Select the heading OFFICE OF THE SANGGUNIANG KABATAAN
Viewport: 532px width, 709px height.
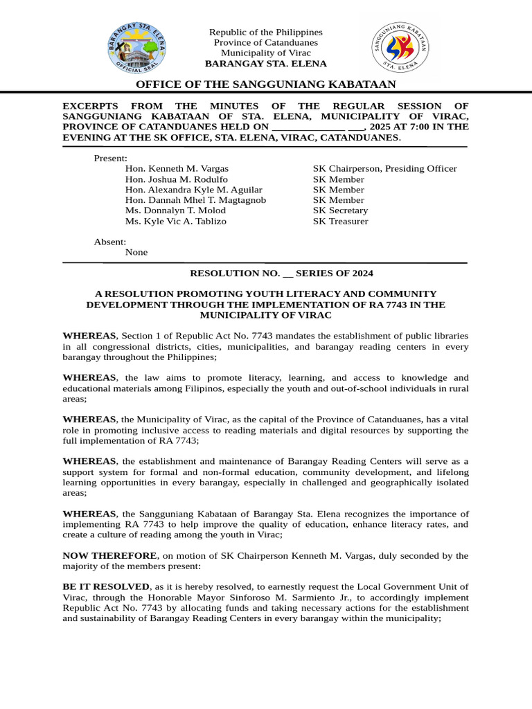point(266,84)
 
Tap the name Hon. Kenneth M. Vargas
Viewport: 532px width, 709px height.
point(177,168)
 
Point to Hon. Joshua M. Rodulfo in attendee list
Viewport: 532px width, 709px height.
point(177,179)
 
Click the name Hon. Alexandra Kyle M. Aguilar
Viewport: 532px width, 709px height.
point(194,190)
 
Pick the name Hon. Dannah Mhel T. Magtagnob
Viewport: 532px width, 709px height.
point(195,200)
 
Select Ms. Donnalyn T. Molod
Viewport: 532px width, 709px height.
point(177,210)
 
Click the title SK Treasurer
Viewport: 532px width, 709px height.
point(340,222)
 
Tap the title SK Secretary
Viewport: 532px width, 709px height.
point(340,210)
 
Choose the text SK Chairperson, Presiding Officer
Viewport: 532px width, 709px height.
point(384,168)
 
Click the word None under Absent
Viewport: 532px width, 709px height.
point(136,253)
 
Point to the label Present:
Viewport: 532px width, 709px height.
point(111,158)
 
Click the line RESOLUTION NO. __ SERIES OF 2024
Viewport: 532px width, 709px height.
point(266,274)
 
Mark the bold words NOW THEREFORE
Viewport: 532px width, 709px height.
point(110,555)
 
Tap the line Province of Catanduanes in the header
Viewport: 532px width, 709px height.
point(266,43)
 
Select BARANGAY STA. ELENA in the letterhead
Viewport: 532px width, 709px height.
point(266,64)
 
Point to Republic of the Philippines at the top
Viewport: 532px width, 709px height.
point(266,33)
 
